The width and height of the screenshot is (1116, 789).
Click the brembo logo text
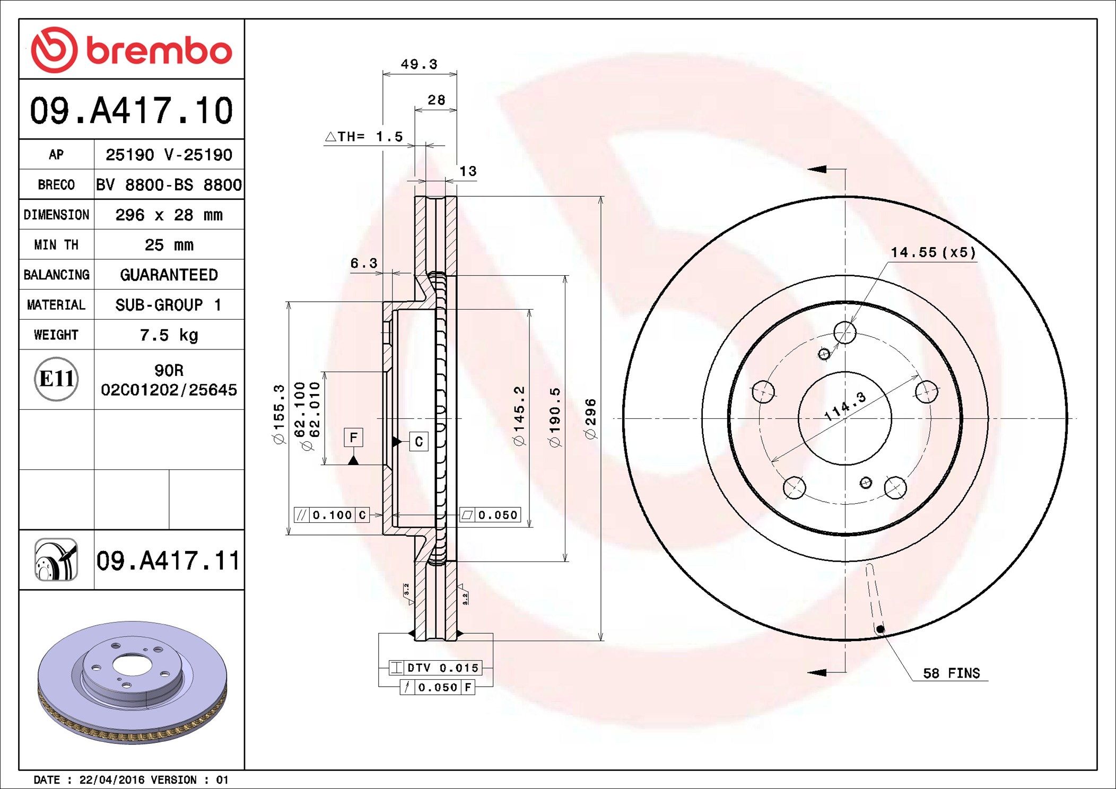pyautogui.click(x=159, y=51)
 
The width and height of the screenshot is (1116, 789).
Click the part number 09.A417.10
pyautogui.click(x=131, y=111)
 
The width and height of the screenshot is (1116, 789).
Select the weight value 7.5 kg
pyautogui.click(x=169, y=335)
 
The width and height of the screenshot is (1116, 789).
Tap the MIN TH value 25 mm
pyautogui.click(x=169, y=245)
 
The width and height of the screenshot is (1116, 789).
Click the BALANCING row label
pyautogui.click(x=56, y=275)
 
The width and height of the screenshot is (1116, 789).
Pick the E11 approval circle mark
pyautogui.click(x=56, y=379)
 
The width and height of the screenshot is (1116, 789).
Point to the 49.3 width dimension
pyautogui.click(x=419, y=64)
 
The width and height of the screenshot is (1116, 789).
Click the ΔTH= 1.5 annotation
pyautogui.click(x=364, y=137)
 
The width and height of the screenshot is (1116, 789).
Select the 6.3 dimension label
pyautogui.click(x=364, y=263)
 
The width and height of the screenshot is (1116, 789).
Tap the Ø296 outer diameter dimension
pyautogui.click(x=590, y=419)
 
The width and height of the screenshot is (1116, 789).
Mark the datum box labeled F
pyautogui.click(x=353, y=437)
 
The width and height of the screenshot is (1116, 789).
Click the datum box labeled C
pyautogui.click(x=419, y=442)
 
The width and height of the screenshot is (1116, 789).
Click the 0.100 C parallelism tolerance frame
pyautogui.click(x=332, y=515)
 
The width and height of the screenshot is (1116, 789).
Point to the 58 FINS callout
pyautogui.click(x=951, y=673)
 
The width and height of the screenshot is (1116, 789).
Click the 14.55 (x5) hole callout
pyautogui.click(x=933, y=252)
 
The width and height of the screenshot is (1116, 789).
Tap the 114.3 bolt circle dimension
pyautogui.click(x=845, y=406)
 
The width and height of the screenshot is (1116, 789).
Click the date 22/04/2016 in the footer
pyautogui.click(x=111, y=780)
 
